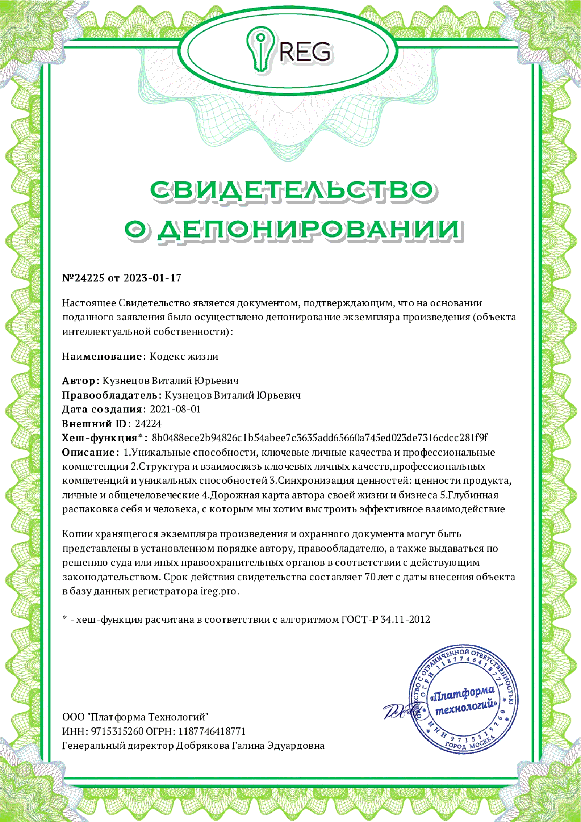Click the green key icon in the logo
coord(260,50)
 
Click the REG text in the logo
coord(305,52)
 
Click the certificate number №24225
coord(84,278)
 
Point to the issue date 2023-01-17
coord(152,278)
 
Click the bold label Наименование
coord(102,356)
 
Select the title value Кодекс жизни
coord(184,356)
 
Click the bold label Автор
coord(79,381)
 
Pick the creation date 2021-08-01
coord(175,409)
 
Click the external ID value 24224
coord(148,424)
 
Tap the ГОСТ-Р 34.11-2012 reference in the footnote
coord(386,620)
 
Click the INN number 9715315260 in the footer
coord(117,731)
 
